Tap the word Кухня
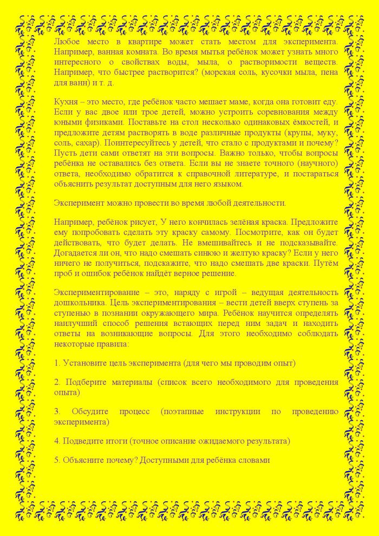[x=66, y=102]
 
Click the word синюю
[x=206, y=253]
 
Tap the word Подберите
[x=84, y=382]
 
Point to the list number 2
[x=57, y=382]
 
